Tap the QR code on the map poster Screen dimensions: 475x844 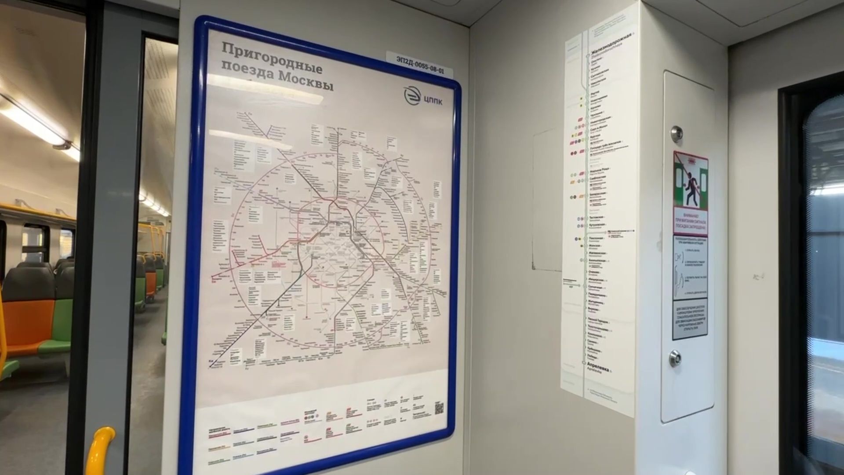coord(439,408)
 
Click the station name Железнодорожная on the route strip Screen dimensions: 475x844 coord(614,44)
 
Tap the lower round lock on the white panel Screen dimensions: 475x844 coord(675,358)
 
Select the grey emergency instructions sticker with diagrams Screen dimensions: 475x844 coord(690,267)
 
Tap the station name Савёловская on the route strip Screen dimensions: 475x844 coord(598,178)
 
